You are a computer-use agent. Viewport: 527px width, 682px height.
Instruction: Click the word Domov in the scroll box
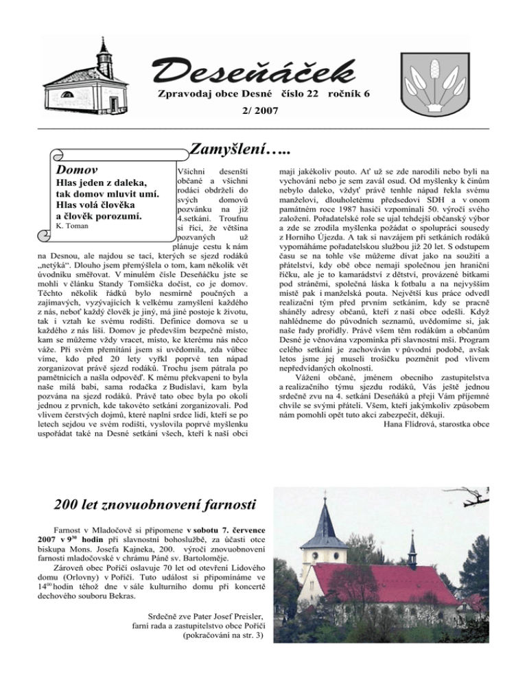77,169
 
